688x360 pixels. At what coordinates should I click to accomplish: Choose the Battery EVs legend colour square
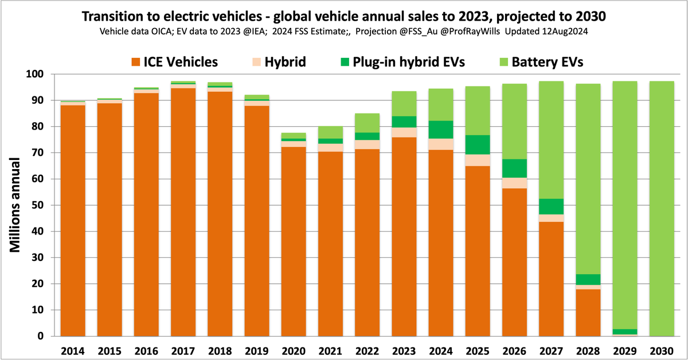(503, 62)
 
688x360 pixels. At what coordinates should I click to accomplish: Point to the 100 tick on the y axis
(45, 75)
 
